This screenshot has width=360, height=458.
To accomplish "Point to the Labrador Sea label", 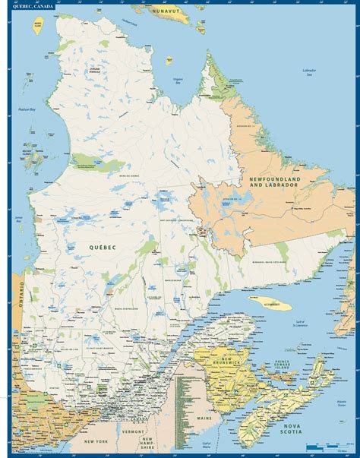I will [308, 72].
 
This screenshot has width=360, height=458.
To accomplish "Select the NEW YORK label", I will [96, 441].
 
